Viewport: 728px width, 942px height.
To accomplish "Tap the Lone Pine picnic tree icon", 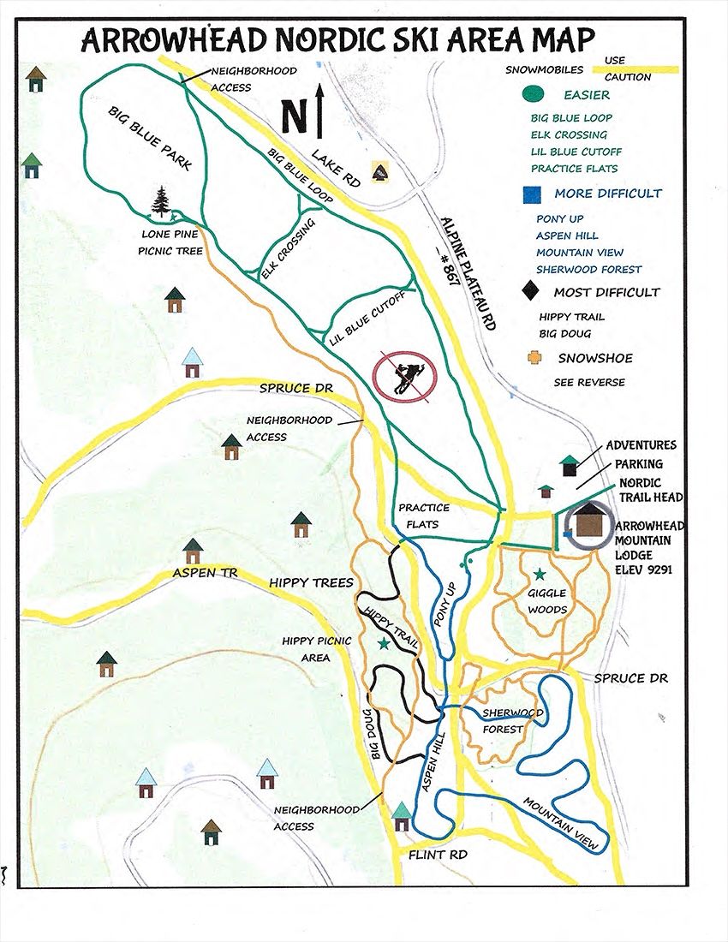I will tap(161, 204).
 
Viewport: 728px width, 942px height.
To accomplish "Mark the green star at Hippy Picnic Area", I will tap(384, 643).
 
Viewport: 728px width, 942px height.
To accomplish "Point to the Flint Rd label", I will tap(432, 855).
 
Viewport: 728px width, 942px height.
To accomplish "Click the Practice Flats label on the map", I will tap(423, 515).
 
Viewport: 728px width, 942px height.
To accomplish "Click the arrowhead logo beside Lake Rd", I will tap(379, 170).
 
